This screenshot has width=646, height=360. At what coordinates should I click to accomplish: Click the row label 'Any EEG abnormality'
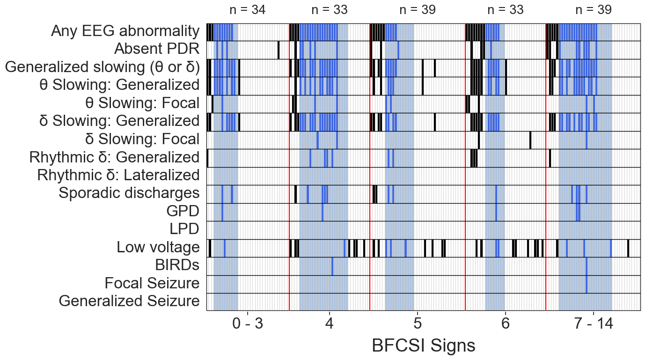point(125,31)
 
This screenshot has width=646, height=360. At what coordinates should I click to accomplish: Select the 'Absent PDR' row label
point(157,49)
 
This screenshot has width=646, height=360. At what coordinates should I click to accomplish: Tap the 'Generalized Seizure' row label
point(129,301)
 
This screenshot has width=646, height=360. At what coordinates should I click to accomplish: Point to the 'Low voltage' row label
point(158,247)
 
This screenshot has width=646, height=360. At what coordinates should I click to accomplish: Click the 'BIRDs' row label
point(177,265)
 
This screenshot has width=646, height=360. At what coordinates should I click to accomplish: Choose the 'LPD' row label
point(184,229)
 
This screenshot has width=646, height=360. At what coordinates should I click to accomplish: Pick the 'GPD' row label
point(183,211)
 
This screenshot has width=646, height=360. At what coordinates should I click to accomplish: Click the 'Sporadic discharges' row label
point(129,193)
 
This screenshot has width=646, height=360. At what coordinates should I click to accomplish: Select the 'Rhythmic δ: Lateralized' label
point(118,175)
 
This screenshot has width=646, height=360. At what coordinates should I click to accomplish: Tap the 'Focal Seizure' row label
point(152,283)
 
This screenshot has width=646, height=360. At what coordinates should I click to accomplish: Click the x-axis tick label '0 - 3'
point(248,324)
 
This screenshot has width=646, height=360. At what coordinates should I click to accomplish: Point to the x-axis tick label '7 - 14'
point(594,324)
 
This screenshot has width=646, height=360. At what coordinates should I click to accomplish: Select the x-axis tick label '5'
point(417,324)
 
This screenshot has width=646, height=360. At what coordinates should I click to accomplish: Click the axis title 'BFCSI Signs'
point(423,346)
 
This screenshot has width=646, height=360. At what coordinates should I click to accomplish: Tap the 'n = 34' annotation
point(248,10)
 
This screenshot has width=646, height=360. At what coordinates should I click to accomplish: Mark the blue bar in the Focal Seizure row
point(587,284)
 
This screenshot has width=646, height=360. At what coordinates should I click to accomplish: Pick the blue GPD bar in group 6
point(496,212)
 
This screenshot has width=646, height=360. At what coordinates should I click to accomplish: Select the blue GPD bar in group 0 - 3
point(222,212)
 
